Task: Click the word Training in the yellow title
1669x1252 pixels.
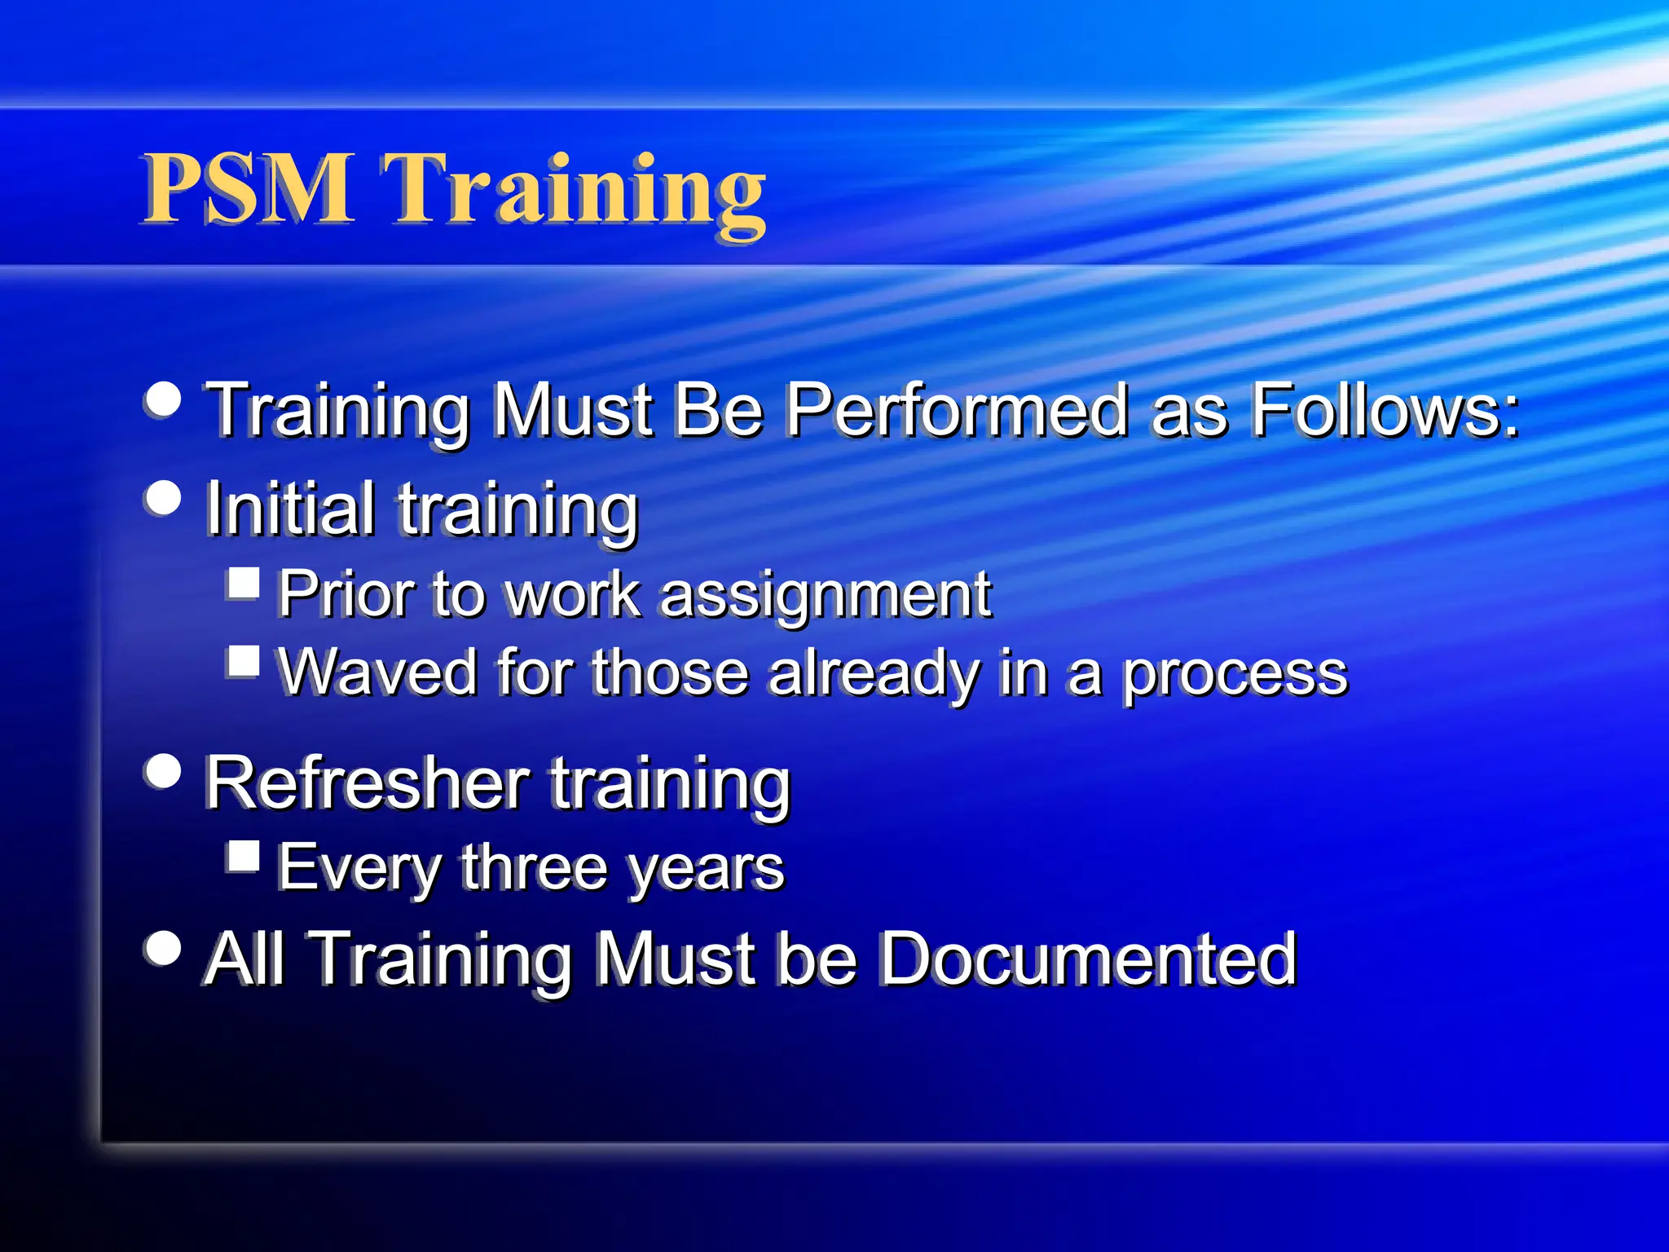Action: [x=575, y=192]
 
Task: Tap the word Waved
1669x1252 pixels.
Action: [x=377, y=672]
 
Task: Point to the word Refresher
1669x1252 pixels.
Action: [x=368, y=782]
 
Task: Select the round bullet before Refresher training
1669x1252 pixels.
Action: [x=164, y=770]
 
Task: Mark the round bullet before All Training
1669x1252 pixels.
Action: [x=164, y=947]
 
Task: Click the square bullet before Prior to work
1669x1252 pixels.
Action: [x=244, y=583]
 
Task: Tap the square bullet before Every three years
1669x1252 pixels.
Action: [x=244, y=857]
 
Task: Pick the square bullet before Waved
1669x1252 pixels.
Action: [x=244, y=662]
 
